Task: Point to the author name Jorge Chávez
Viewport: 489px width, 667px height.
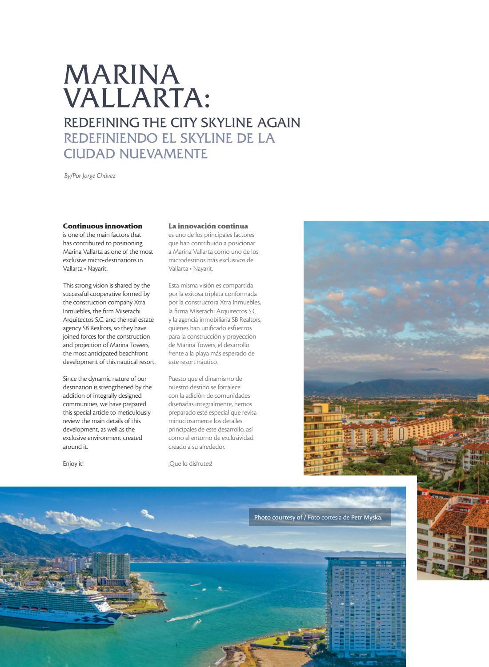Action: pos(99,176)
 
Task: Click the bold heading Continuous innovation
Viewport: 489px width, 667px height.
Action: pos(103,226)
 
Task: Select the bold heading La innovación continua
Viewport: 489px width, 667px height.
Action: pos(208,226)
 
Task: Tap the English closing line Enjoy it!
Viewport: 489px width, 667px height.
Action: pos(73,464)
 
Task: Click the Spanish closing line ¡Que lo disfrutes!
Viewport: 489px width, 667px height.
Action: pos(190,464)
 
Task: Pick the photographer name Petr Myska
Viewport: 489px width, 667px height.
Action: pos(366,517)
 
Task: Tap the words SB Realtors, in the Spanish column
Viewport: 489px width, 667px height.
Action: pos(246,320)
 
